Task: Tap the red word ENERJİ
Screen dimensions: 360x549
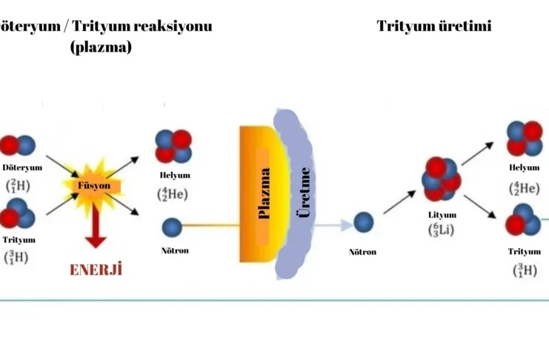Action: point(95,269)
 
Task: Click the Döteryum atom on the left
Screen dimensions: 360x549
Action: point(18,145)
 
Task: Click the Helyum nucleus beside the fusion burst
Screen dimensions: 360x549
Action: point(173,147)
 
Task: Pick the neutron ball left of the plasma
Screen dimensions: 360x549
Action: point(172,226)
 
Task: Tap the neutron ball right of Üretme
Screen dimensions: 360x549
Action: point(363,222)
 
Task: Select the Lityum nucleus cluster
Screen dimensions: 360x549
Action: point(442,180)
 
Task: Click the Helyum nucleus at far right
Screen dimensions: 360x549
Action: point(525,138)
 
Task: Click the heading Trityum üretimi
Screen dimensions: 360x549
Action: point(433,27)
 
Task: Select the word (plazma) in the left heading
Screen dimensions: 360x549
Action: point(101,47)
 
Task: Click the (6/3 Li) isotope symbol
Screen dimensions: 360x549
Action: point(442,230)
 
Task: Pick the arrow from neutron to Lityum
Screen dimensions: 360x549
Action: point(399,202)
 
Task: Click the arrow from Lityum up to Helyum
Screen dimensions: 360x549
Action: point(479,154)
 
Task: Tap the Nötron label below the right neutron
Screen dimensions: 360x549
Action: point(363,252)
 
